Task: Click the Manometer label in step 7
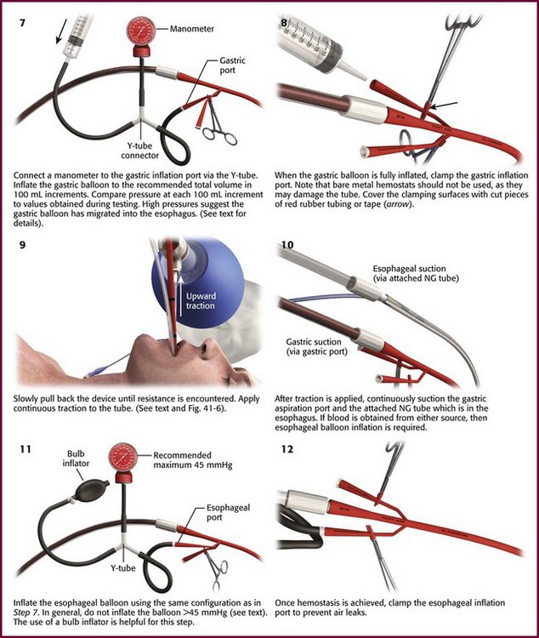(x=191, y=29)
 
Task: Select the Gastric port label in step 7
(x=233, y=66)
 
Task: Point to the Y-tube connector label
(x=139, y=151)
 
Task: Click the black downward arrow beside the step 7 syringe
(x=60, y=31)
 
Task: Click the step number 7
(x=22, y=22)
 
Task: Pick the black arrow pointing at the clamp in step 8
(x=444, y=105)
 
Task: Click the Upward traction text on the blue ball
(x=201, y=300)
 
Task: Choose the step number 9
(x=22, y=245)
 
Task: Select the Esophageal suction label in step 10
(x=416, y=273)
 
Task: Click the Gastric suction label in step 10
(x=317, y=347)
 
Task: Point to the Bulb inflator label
(x=76, y=459)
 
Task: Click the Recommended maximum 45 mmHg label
(x=193, y=459)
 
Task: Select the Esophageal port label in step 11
(x=228, y=512)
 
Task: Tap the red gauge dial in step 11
(x=123, y=458)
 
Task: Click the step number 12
(x=287, y=450)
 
